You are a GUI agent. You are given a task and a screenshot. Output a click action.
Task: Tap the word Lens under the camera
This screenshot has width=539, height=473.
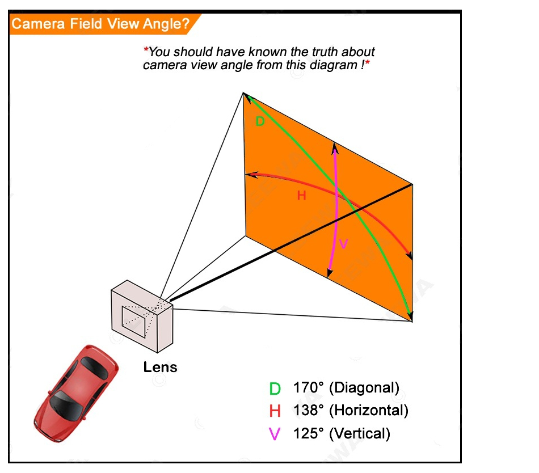click(160, 367)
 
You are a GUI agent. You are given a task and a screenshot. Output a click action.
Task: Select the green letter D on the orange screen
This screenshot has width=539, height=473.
click(260, 121)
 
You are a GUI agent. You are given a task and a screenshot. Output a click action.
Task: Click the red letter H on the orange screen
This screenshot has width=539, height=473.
click(301, 196)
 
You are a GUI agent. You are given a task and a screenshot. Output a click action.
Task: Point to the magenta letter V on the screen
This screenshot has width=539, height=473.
click(343, 244)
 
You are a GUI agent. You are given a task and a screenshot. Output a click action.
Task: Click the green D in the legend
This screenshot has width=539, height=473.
click(275, 389)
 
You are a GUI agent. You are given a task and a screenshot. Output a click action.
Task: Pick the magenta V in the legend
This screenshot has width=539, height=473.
click(275, 434)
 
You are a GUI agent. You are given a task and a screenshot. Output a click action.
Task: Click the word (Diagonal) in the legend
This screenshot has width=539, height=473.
click(364, 388)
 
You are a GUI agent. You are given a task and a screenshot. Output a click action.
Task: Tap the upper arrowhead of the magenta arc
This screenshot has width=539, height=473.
click(335, 148)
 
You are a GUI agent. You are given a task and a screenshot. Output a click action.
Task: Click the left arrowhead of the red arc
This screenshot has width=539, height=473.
click(250, 175)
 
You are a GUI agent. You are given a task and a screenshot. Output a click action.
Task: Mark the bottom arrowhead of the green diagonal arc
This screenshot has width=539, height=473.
click(410, 315)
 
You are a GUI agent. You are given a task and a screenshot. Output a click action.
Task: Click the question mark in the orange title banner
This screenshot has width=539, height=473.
click(185, 24)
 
